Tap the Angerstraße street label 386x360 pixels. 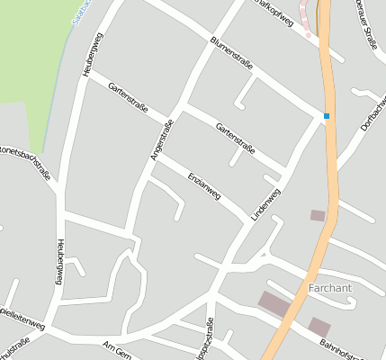(x=161, y=140)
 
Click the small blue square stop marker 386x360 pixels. (x=327, y=115)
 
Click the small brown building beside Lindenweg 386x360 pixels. (x=317, y=215)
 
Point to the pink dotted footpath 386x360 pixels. (x=308, y=22)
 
